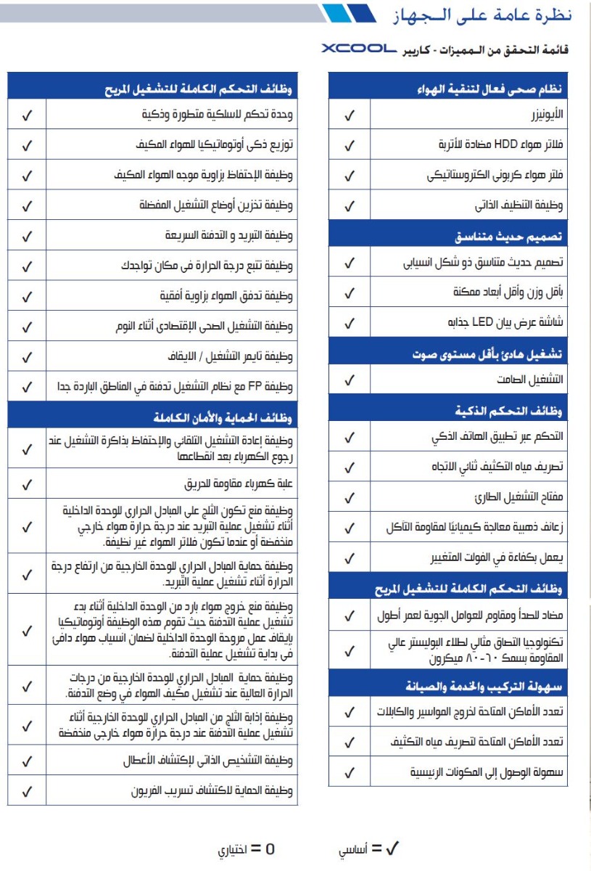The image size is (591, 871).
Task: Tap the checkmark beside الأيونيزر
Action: [349, 115]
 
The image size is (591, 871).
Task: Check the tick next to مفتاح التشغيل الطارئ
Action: [349, 499]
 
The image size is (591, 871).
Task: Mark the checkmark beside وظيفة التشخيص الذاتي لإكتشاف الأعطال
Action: [27, 761]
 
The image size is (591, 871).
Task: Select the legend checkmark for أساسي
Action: [392, 848]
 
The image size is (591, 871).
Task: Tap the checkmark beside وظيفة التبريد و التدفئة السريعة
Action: [27, 236]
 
